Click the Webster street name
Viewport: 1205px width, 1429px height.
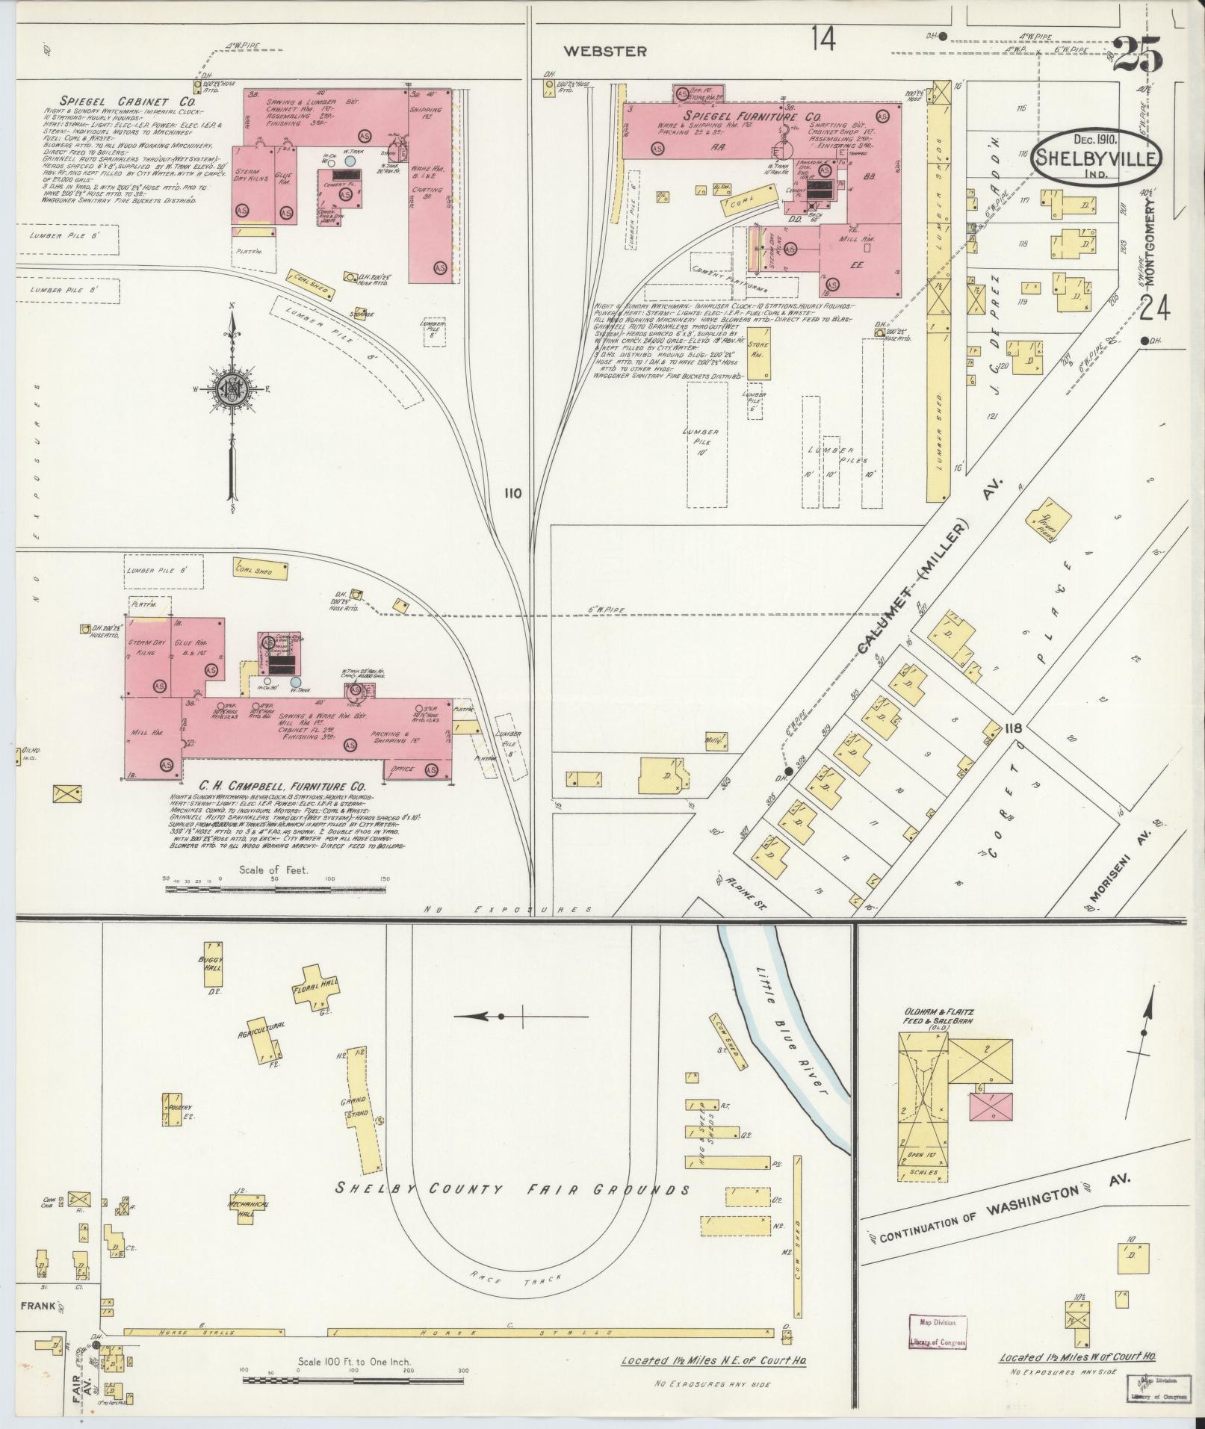pyautogui.click(x=604, y=52)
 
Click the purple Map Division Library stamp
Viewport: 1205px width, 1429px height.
pyautogui.click(x=937, y=1332)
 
